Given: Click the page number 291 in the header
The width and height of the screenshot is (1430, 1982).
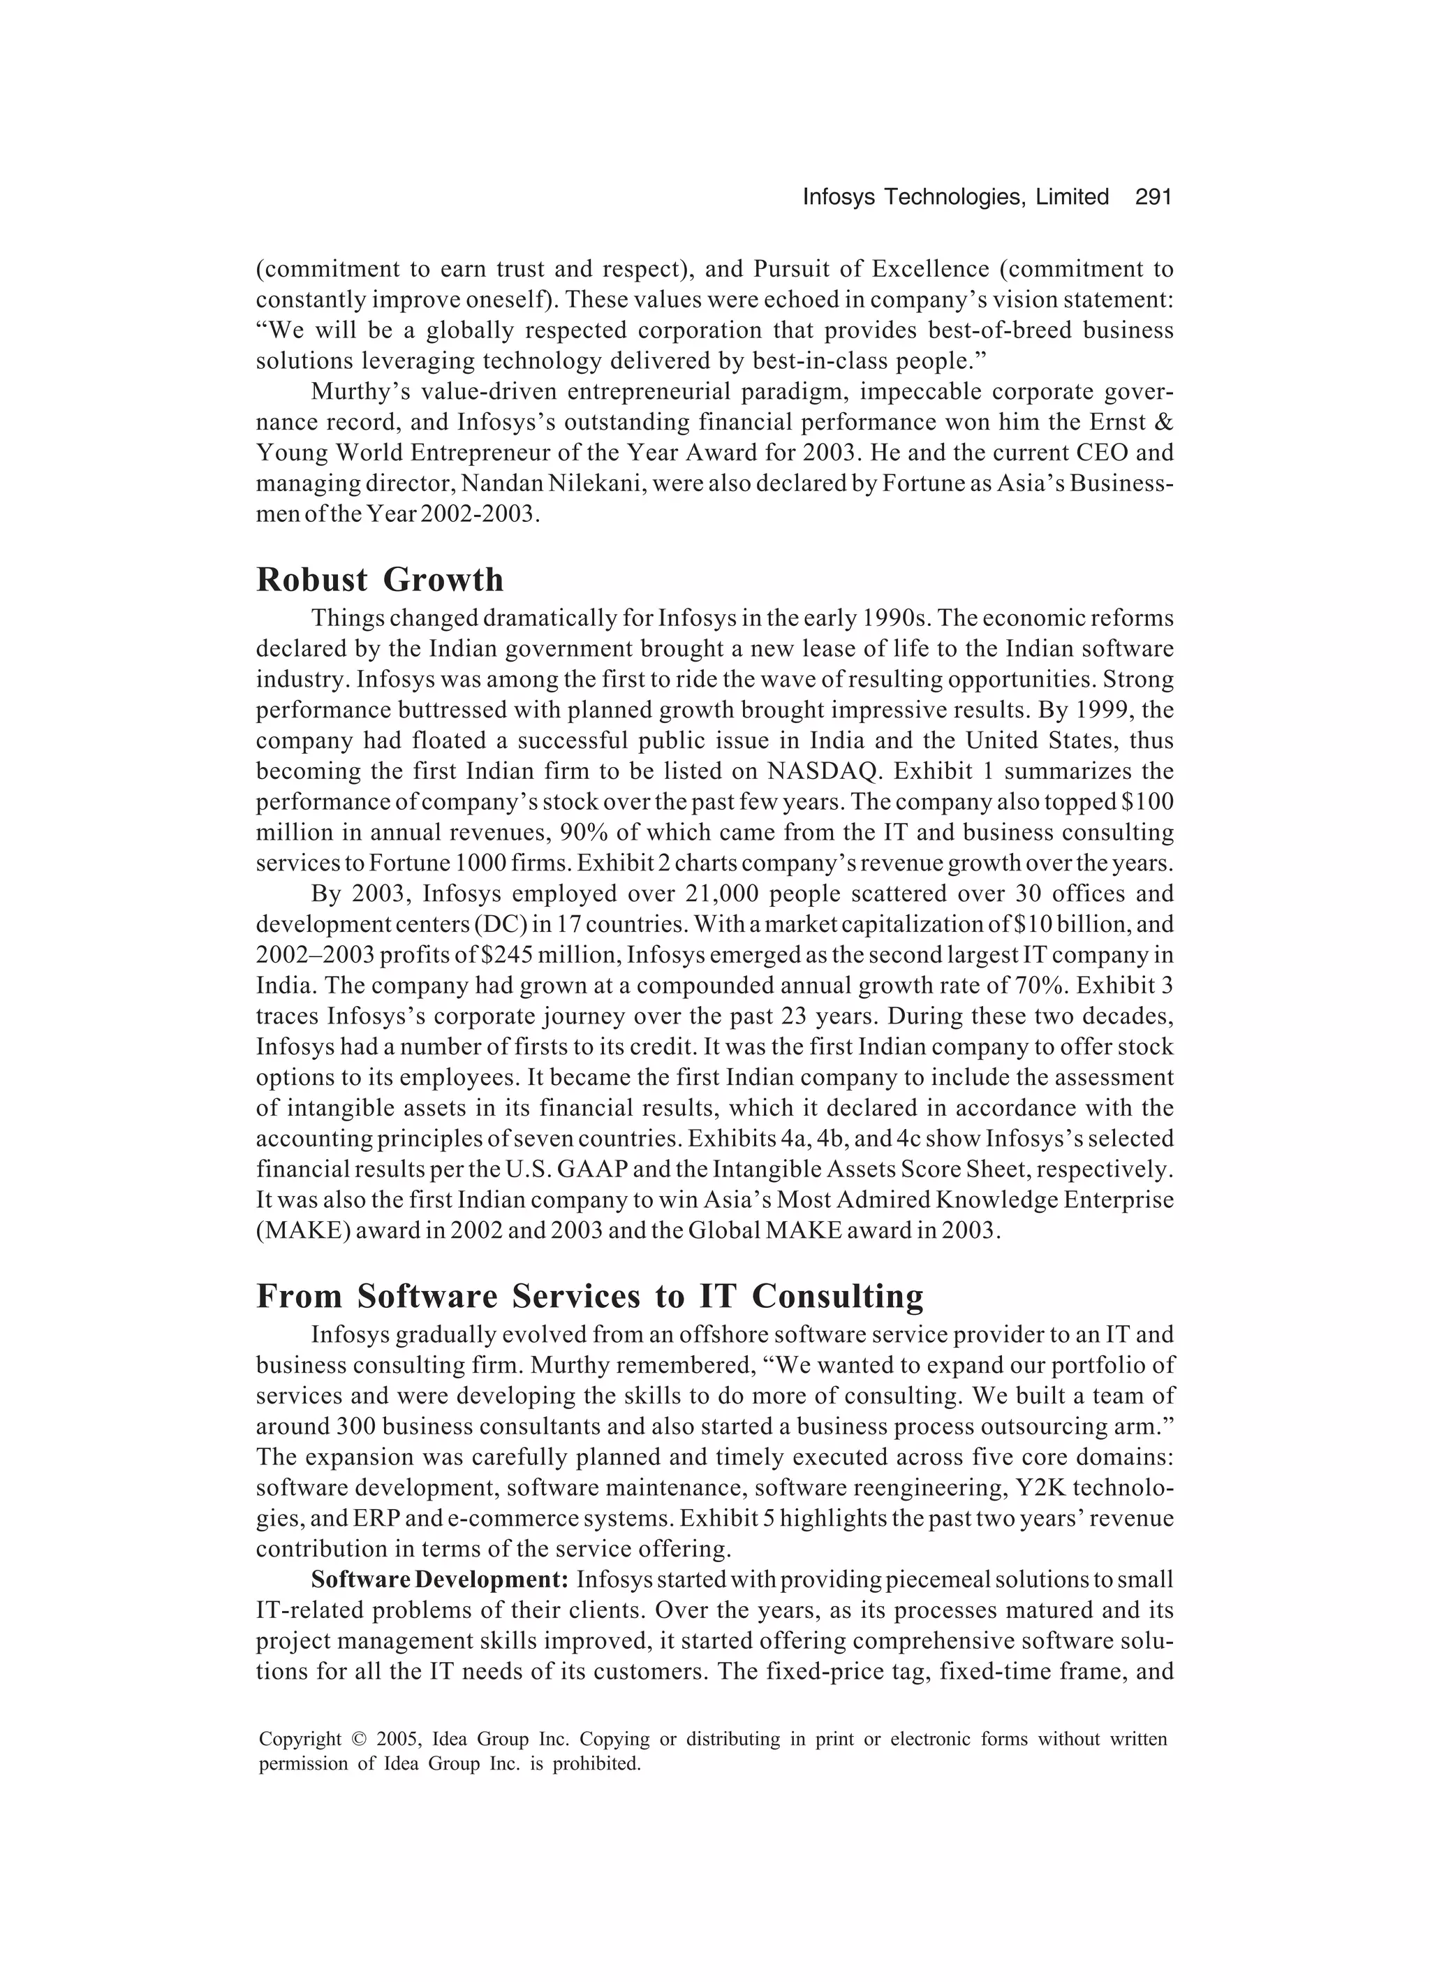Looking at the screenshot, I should (x=1152, y=198).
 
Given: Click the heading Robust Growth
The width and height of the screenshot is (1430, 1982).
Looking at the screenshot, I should (x=379, y=579).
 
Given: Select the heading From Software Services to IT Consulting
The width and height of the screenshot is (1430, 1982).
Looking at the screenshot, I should (x=589, y=1296).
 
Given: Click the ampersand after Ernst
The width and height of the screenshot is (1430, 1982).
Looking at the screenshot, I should (x=1163, y=422).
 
